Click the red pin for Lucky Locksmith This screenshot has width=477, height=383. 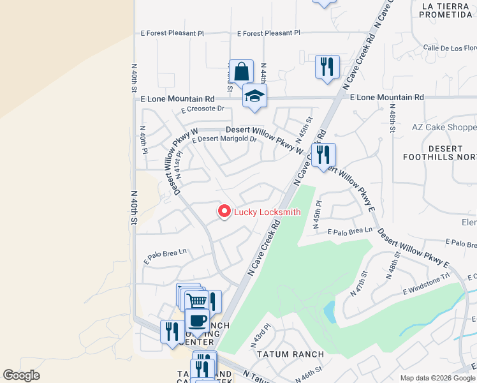pyautogui.click(x=224, y=211)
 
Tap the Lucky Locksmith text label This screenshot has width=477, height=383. pyautogui.click(x=267, y=213)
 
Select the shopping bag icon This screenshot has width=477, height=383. pyautogui.click(x=242, y=71)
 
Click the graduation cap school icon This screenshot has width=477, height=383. pyautogui.click(x=254, y=96)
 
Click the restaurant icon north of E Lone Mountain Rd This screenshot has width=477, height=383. pyautogui.click(x=327, y=66)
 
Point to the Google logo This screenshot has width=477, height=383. pyautogui.click(x=22, y=375)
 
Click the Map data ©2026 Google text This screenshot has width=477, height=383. pyautogui.click(x=437, y=378)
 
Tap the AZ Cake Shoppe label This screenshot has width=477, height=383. pyautogui.click(x=444, y=127)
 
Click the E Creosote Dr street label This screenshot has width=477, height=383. pyautogui.click(x=203, y=109)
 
